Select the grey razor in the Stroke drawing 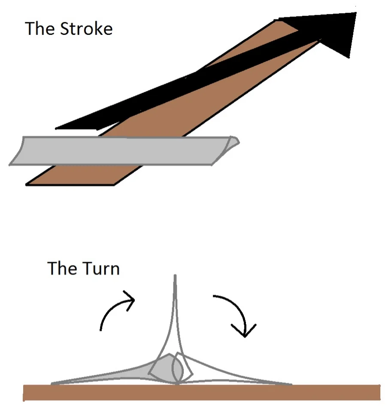click(x=120, y=150)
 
